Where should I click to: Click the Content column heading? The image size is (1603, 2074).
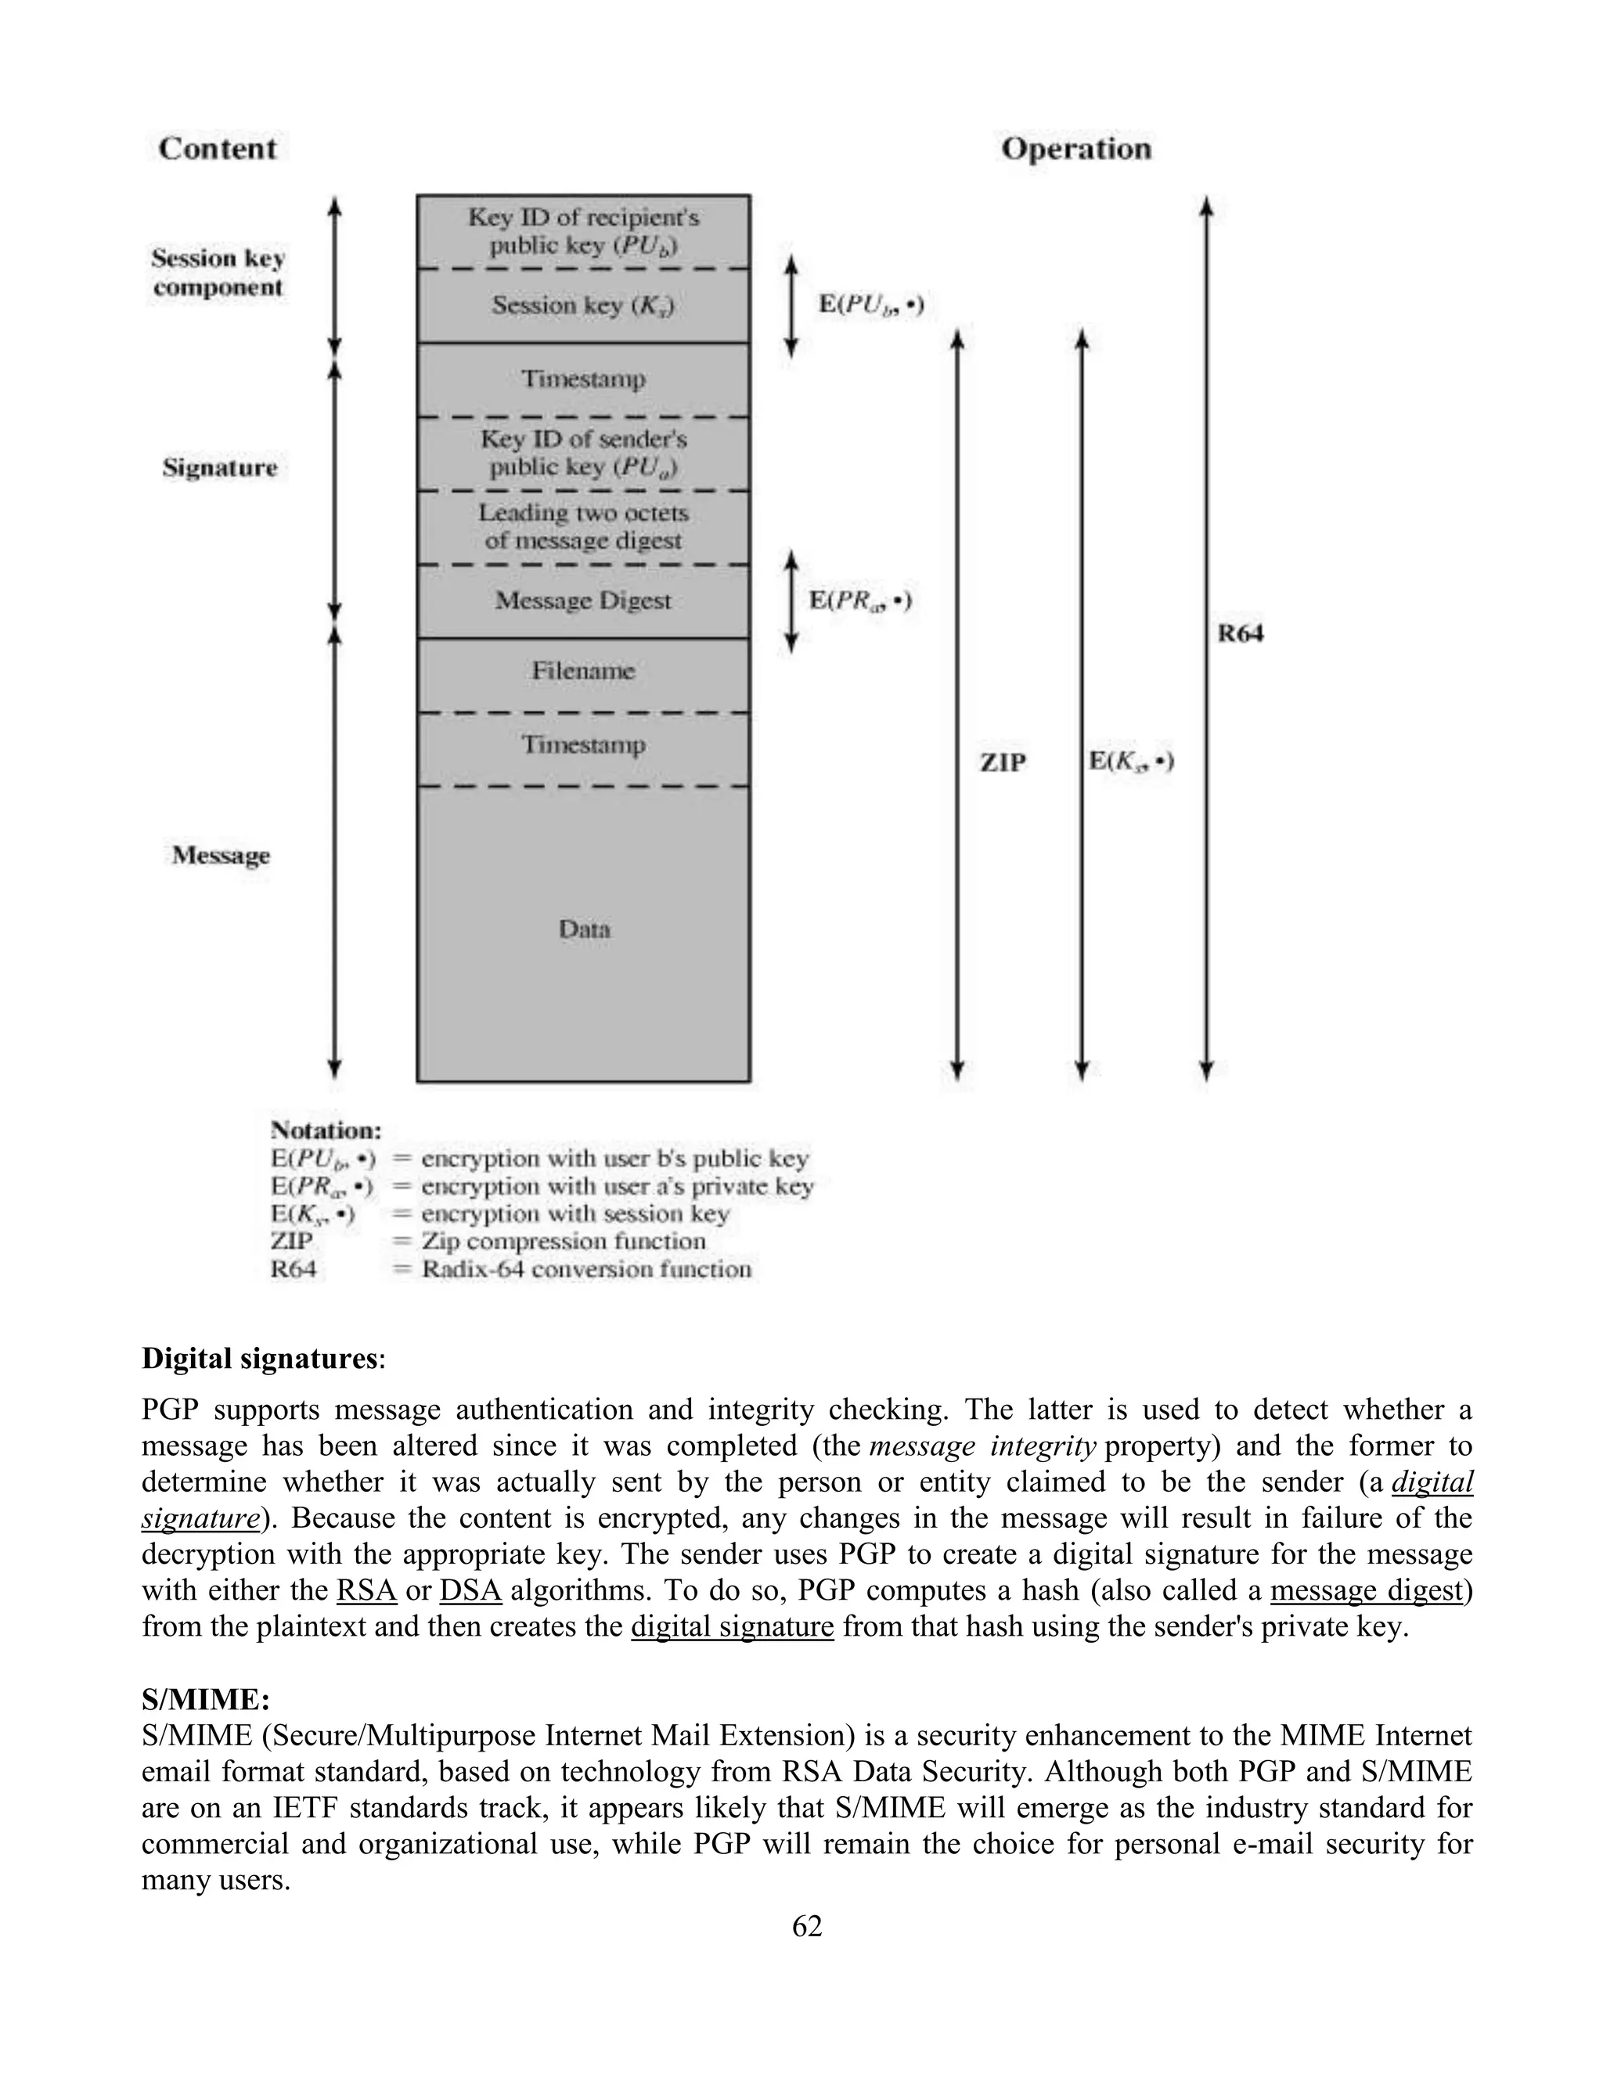tap(218, 148)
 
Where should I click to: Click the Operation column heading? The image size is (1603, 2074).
tap(1076, 148)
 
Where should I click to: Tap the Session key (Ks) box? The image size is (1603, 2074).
tap(583, 304)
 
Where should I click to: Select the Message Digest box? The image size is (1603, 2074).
tap(583, 600)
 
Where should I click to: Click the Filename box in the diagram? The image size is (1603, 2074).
tap(583, 672)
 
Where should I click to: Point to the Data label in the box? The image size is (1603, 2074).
tap(584, 929)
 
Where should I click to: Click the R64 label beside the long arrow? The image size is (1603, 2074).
tap(1241, 633)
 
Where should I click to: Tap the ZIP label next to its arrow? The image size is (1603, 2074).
tap(1003, 762)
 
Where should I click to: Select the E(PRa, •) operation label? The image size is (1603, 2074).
tap(860, 600)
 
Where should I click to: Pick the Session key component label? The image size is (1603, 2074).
tap(218, 272)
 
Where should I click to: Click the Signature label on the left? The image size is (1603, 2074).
tap(219, 467)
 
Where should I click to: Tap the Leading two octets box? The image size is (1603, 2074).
tap(583, 527)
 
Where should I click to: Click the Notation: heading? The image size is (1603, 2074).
tap(326, 1130)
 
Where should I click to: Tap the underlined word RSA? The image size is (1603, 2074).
tap(366, 1590)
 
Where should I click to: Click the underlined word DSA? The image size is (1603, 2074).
tap(470, 1590)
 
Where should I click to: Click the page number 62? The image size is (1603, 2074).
tap(806, 1926)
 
